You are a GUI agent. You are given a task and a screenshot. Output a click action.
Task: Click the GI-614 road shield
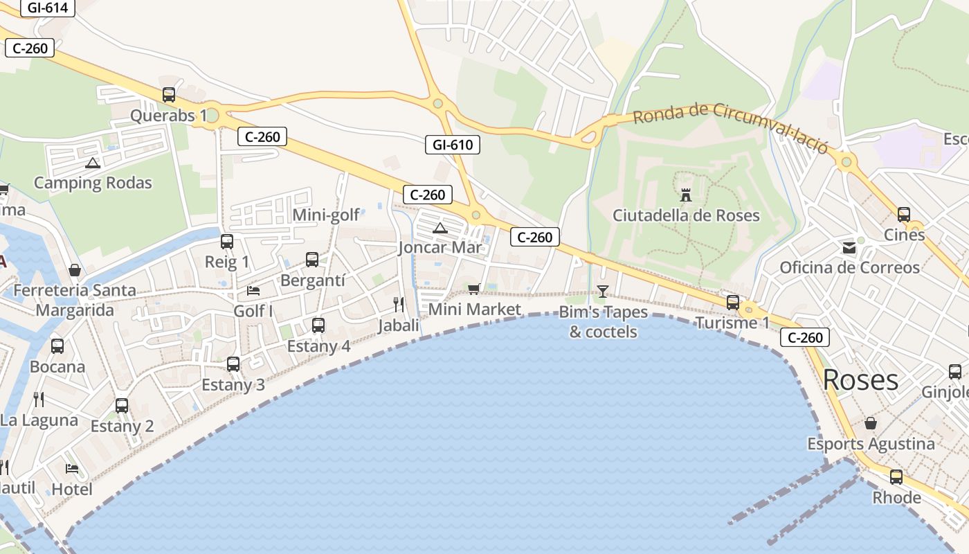(47, 8)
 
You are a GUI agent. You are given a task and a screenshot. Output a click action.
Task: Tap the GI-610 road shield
(453, 145)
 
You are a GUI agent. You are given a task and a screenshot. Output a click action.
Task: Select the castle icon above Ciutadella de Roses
(686, 195)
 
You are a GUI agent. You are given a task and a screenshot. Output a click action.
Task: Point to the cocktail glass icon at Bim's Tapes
(603, 291)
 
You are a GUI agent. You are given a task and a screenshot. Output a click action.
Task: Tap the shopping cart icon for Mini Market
(474, 289)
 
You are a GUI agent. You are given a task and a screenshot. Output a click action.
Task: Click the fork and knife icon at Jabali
(399, 304)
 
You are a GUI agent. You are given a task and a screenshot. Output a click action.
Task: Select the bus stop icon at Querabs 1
(169, 95)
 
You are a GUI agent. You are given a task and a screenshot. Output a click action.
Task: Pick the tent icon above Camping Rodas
(93, 163)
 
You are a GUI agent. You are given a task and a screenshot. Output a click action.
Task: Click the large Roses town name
(860, 379)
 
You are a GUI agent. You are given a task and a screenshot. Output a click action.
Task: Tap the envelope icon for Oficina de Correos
(849, 248)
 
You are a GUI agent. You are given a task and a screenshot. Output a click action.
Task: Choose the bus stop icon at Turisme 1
(732, 303)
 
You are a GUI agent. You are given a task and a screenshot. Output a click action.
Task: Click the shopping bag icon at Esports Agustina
(871, 422)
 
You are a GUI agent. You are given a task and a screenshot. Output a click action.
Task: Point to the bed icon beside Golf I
(253, 290)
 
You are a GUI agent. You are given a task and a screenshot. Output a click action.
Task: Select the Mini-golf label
(326, 215)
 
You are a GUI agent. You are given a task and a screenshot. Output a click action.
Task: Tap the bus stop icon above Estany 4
(318, 325)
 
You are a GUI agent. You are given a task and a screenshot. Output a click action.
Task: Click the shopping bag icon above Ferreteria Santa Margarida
(75, 270)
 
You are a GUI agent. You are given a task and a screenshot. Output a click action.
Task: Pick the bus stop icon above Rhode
(896, 477)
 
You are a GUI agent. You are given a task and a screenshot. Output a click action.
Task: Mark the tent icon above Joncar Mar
(440, 228)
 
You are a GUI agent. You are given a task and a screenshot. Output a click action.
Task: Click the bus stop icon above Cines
(904, 215)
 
